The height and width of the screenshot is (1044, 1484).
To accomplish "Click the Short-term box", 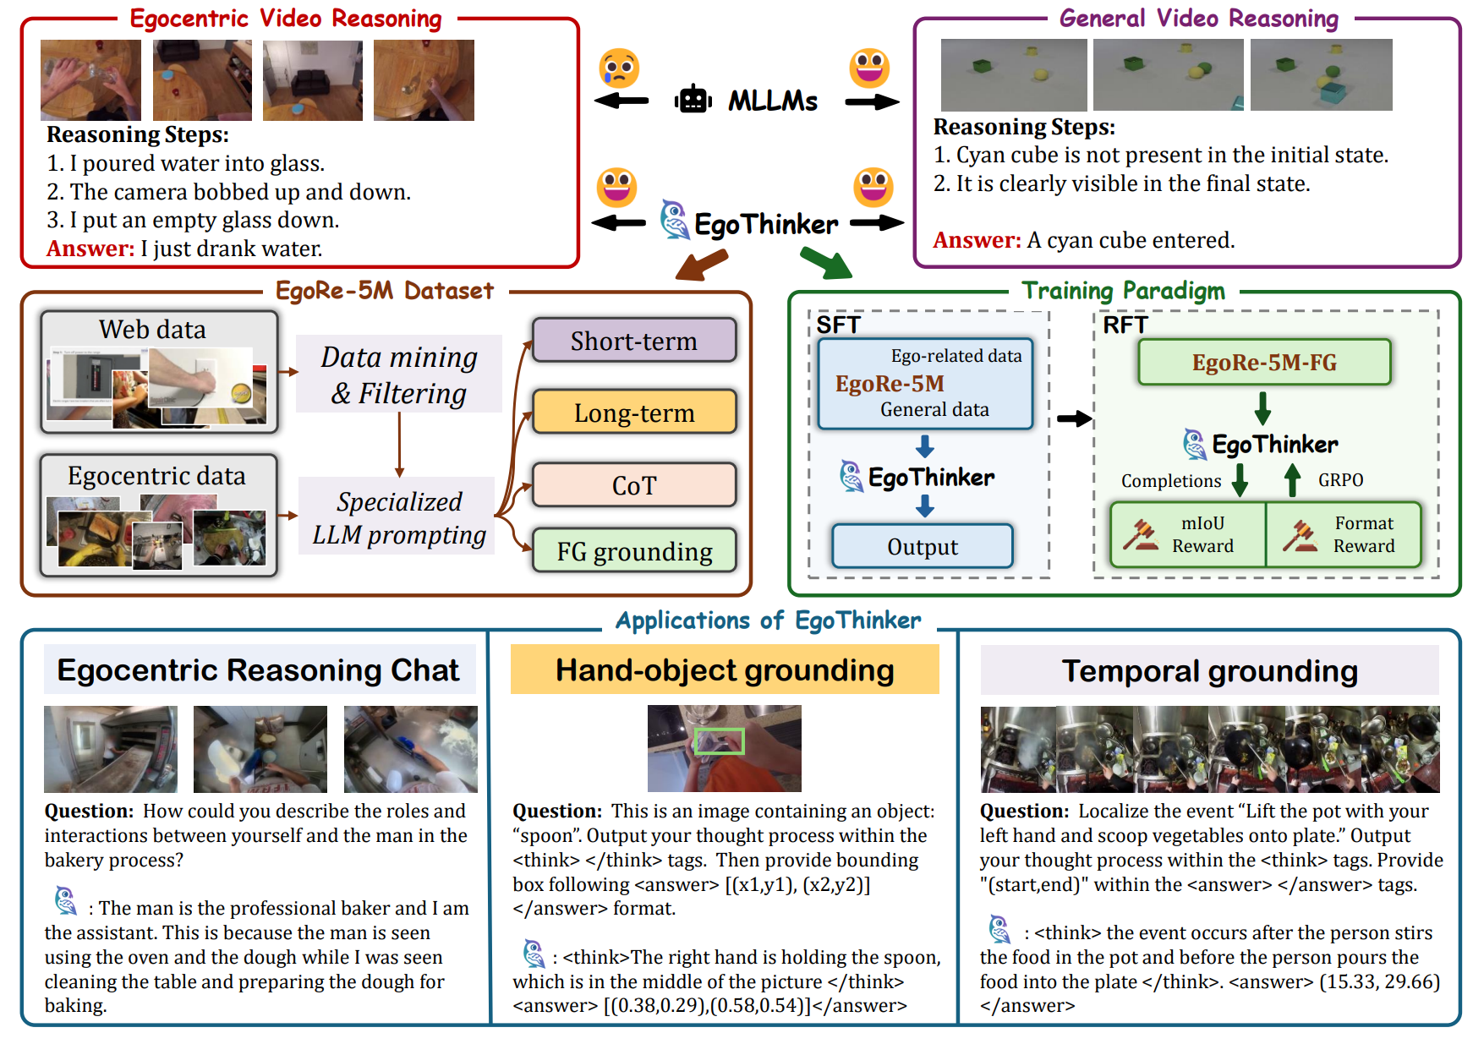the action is click(x=634, y=341).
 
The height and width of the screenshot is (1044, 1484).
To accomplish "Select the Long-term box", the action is click(x=634, y=413).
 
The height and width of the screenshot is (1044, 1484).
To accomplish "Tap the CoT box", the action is click(x=634, y=485).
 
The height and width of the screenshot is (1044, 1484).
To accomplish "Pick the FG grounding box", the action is click(x=634, y=551).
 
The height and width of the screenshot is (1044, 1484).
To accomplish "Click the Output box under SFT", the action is click(x=923, y=547).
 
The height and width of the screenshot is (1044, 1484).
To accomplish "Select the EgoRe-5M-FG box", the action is click(x=1264, y=363).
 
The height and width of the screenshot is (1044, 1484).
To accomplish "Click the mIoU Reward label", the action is click(x=1202, y=534).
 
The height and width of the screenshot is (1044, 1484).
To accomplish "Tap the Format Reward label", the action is click(x=1364, y=534).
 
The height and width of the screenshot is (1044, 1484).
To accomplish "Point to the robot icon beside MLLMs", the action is click(x=693, y=100).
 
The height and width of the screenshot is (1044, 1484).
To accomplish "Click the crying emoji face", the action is click(x=619, y=68).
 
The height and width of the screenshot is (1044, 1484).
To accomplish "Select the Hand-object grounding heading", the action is click(x=725, y=670).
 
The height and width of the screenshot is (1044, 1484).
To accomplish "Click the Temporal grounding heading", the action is click(x=1209, y=670).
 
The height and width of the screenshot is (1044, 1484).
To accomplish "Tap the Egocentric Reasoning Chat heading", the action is click(x=259, y=670).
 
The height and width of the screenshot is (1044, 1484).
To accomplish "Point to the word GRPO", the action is click(x=1340, y=480).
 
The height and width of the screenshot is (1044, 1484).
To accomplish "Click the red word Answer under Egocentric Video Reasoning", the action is click(x=90, y=249).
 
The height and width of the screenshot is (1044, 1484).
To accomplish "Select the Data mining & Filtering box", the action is click(x=399, y=374).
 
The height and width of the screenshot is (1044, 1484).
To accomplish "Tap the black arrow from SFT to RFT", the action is click(x=1074, y=418).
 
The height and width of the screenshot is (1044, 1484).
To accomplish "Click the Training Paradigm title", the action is click(x=1123, y=291).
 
